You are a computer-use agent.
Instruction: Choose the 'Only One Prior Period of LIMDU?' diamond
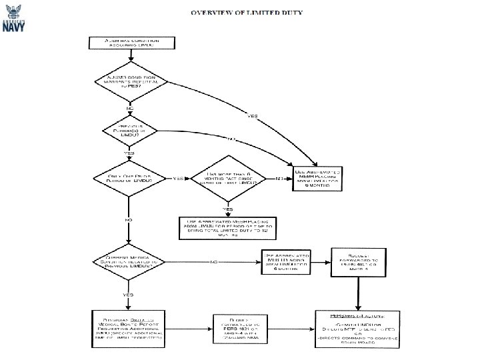pyautogui.click(x=128, y=179)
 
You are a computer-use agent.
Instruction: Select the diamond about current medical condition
pyautogui.click(x=128, y=261)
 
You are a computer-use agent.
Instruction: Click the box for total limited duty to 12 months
pyautogui.click(x=224, y=227)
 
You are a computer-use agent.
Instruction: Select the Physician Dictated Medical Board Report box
pyautogui.click(x=127, y=327)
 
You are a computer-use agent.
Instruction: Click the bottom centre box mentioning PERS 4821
pyautogui.click(x=234, y=327)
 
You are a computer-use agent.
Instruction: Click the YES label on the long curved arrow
pyautogui.click(x=253, y=116)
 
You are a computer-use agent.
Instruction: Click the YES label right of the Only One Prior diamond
pyautogui.click(x=178, y=179)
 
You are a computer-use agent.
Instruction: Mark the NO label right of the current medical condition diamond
pyautogui.click(x=215, y=261)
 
